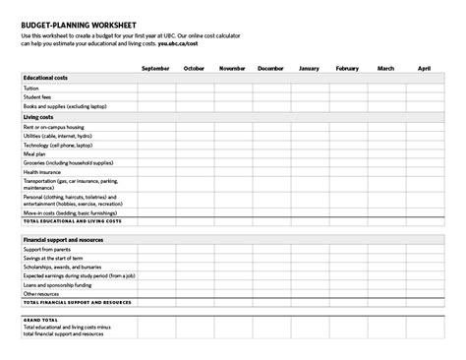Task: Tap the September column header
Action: pyautogui.click(x=155, y=68)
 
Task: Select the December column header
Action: pyautogui.click(x=270, y=68)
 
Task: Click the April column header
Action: pyautogui.click(x=424, y=68)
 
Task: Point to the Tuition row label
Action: pyautogui.click(x=31, y=87)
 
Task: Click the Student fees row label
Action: pyautogui.click(x=36, y=95)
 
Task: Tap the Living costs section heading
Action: pyautogui.click(x=38, y=116)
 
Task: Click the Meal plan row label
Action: pyautogui.click(x=34, y=153)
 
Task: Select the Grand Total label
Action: pyautogui.click(x=40, y=319)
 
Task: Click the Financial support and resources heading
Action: pyautogui.click(x=65, y=239)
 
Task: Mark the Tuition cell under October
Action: pyautogui.click(x=194, y=87)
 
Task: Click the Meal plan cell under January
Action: pyautogui.click(x=309, y=153)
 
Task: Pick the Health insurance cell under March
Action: pyautogui.click(x=385, y=172)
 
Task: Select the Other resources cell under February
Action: pyautogui.click(x=347, y=293)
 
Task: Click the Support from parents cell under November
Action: pyautogui.click(x=232, y=249)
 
